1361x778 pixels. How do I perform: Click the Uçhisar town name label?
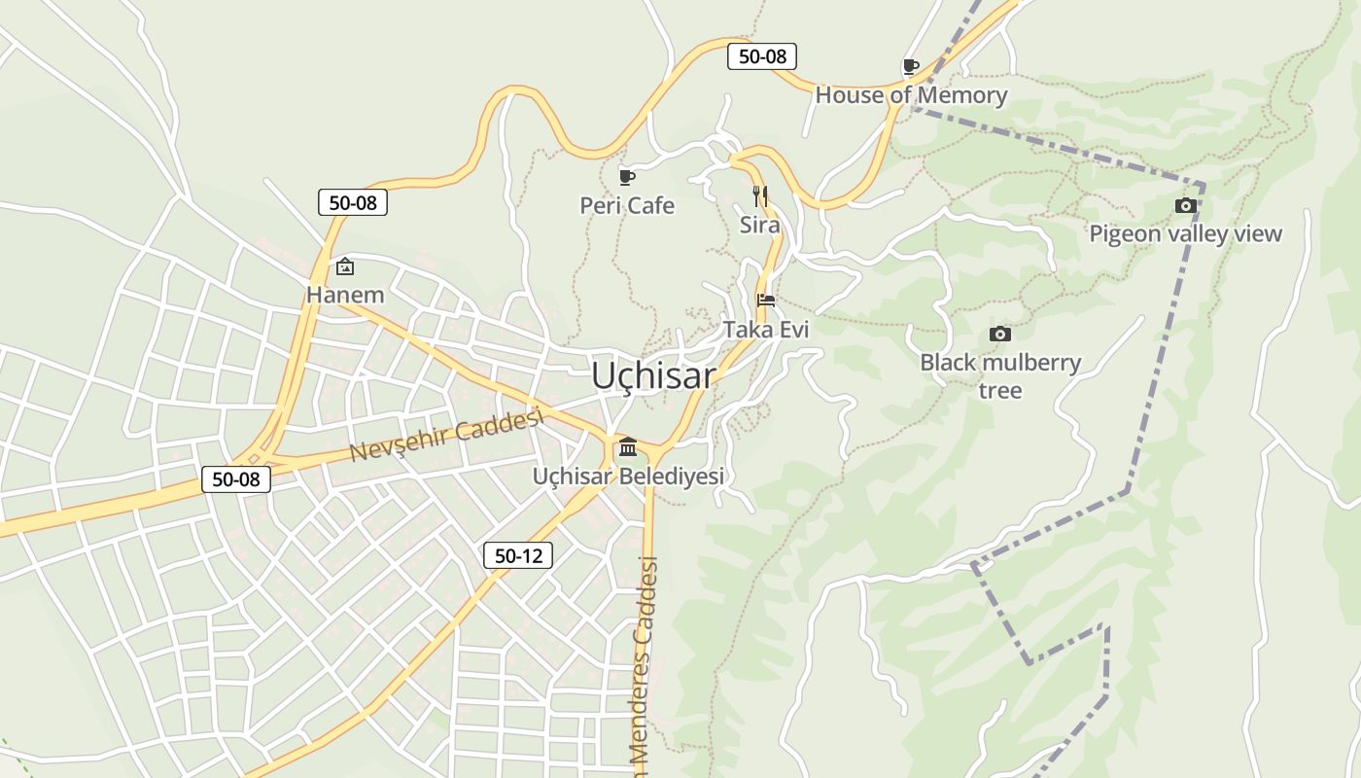tap(653, 376)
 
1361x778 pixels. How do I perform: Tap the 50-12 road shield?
tap(518, 555)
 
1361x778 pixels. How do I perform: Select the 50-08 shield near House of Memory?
tap(762, 56)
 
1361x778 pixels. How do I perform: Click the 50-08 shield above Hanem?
tap(353, 202)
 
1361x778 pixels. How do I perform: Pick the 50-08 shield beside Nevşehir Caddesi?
tap(236, 478)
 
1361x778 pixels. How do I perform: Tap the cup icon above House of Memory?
tap(910, 66)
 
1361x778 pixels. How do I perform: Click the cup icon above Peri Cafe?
tap(627, 177)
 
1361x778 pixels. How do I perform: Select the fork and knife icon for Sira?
tap(760, 196)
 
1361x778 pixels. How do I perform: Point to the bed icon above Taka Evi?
tap(766, 300)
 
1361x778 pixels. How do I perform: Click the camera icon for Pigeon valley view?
tap(1185, 205)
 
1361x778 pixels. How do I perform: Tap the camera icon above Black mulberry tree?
tap(999, 334)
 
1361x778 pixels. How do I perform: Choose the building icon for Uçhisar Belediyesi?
tap(628, 447)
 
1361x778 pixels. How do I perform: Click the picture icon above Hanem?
tap(344, 266)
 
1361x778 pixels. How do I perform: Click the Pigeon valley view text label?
tap(1185, 233)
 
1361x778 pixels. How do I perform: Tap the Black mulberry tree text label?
tap(1000, 375)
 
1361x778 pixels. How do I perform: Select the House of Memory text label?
tap(911, 95)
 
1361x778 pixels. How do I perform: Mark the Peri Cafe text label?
tap(627, 206)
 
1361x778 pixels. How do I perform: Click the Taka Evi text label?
tap(766, 330)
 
